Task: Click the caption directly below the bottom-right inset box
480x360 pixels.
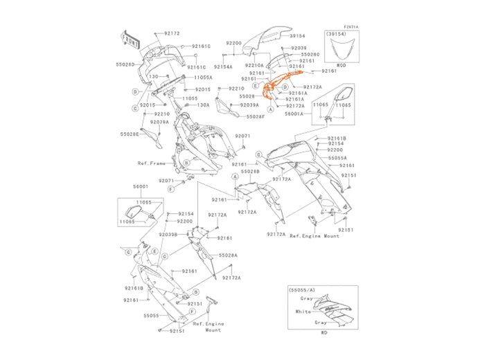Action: point(323,332)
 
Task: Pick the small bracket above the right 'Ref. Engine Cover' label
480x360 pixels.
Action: point(312,220)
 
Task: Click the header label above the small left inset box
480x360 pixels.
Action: point(141,187)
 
